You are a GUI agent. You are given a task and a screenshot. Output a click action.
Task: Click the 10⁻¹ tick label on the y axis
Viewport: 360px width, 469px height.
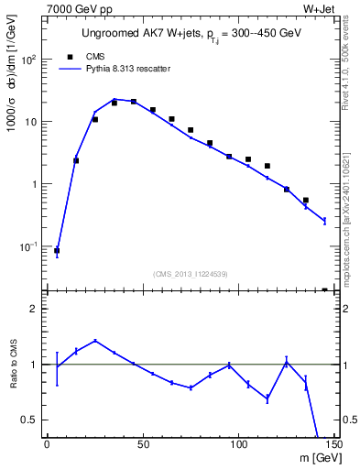[28, 246]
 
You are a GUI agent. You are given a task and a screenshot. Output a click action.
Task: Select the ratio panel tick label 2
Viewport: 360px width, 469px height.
[36, 309]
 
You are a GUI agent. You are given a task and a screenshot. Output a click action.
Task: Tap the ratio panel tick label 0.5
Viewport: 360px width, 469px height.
[31, 420]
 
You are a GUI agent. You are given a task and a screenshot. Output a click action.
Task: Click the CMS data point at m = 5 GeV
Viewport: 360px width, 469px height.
[57, 250]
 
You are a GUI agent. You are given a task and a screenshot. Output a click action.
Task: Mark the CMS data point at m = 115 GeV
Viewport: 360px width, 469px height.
[267, 166]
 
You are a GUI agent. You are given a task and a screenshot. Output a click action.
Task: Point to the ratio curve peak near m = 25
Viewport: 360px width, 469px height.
[95, 341]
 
